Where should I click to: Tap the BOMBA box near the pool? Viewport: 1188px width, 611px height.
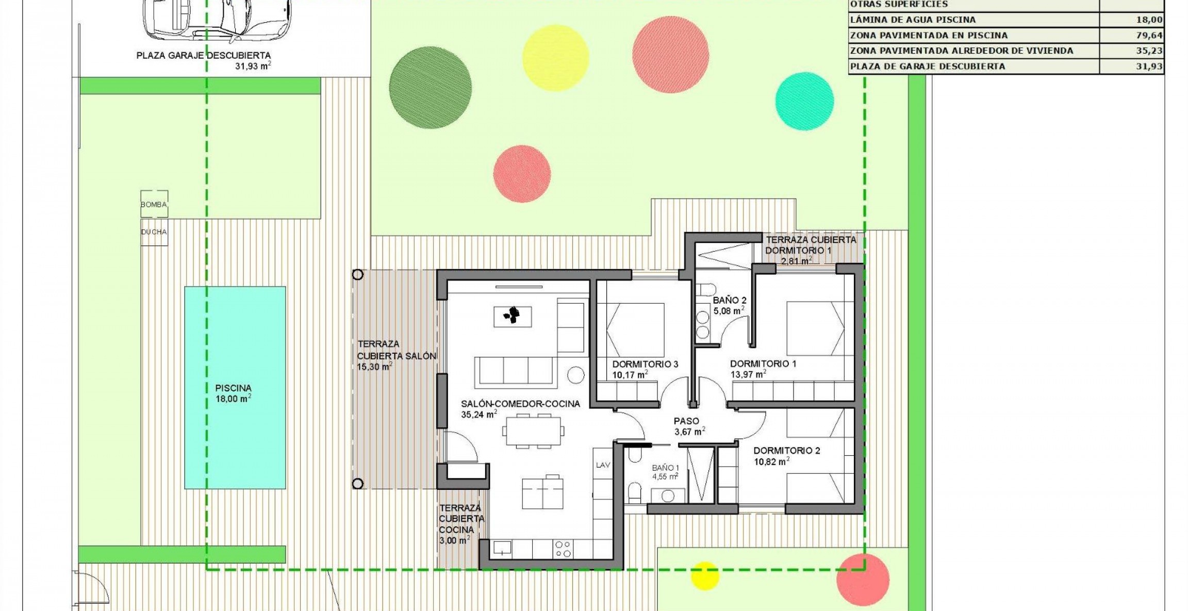(x=154, y=204)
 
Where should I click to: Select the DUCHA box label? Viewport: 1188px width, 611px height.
(x=154, y=232)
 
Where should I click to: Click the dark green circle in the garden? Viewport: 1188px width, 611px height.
(x=430, y=88)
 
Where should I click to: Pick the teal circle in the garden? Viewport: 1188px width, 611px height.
(x=804, y=101)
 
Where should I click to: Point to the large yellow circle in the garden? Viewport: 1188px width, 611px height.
(x=555, y=58)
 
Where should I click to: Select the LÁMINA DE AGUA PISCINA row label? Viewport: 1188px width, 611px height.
(x=913, y=20)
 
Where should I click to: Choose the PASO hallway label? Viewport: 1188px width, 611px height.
(x=686, y=421)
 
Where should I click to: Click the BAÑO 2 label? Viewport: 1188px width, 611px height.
(x=729, y=300)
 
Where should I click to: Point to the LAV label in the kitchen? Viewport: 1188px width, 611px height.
(x=603, y=465)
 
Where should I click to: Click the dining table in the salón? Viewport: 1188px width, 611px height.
(x=533, y=431)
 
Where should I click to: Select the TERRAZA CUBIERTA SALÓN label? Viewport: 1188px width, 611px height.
(x=396, y=350)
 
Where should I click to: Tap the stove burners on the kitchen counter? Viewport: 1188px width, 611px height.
(x=563, y=549)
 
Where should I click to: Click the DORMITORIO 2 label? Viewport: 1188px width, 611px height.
(x=786, y=451)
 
